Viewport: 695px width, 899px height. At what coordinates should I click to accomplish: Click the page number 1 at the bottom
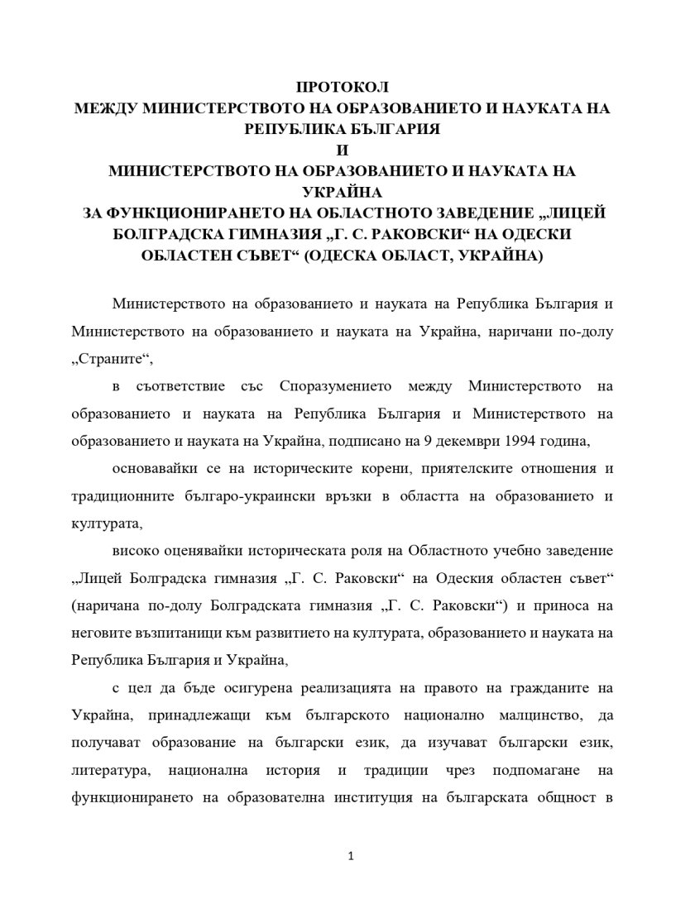click(352, 857)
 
